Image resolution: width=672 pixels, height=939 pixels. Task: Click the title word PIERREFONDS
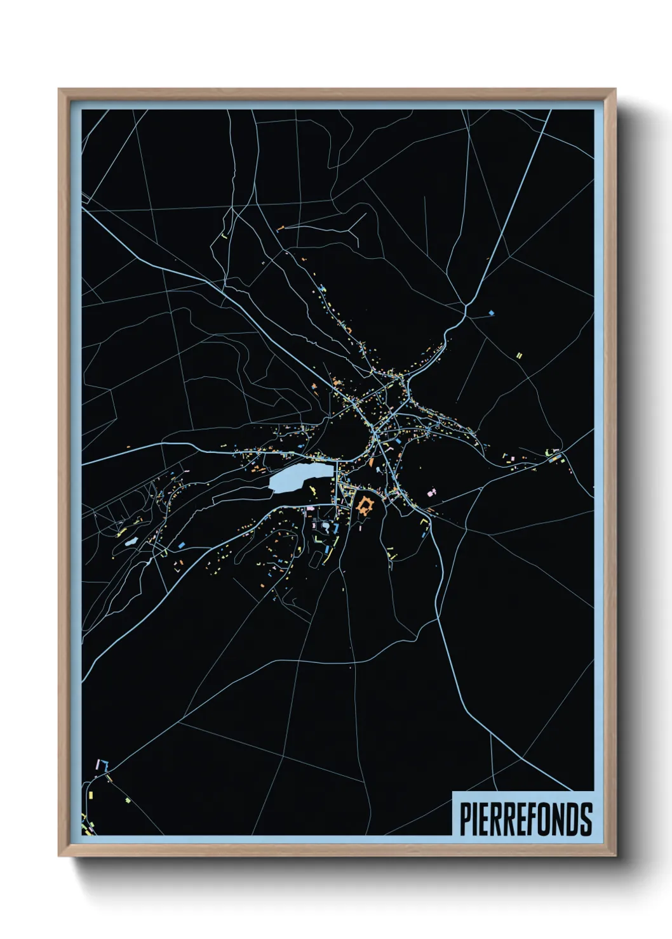(x=525, y=819)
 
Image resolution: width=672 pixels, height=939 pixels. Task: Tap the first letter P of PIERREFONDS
(x=465, y=819)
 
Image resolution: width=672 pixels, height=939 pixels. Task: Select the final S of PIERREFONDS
(x=586, y=819)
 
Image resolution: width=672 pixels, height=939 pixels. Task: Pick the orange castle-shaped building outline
(x=365, y=506)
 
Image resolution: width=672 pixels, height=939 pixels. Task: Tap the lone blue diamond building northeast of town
(x=491, y=313)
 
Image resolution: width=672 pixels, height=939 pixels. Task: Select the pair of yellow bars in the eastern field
(x=519, y=356)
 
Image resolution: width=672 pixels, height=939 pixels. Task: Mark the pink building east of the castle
(x=433, y=492)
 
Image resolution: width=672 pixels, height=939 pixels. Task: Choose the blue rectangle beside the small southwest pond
(x=181, y=544)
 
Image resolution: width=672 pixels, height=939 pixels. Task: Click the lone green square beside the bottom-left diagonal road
(x=128, y=801)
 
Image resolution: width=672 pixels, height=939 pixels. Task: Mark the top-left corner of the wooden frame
(x=59, y=89)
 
